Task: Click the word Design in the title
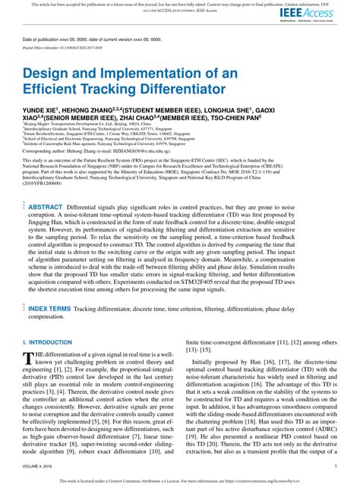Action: point(46,75)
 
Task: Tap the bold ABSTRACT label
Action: point(45,206)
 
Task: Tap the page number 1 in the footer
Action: point(335,467)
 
